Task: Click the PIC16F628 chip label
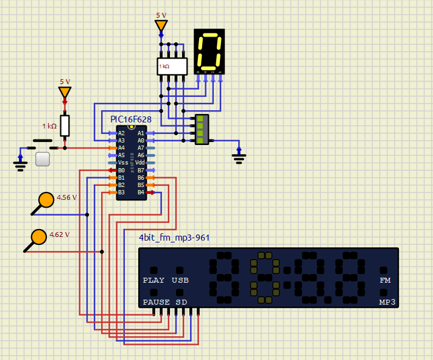click(131, 119)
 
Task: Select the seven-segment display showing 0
click(209, 51)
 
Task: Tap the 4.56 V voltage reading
click(67, 197)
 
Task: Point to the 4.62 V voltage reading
click(60, 235)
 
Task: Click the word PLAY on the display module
click(153, 281)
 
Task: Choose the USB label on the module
click(180, 281)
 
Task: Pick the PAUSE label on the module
click(157, 302)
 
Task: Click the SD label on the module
click(181, 302)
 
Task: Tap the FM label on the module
click(385, 281)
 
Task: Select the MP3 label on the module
click(387, 302)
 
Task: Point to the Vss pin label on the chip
click(123, 163)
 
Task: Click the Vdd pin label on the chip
click(141, 163)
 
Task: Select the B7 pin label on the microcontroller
click(141, 170)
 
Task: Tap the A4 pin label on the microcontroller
click(121, 148)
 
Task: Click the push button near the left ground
click(42, 160)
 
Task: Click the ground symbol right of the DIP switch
click(239, 157)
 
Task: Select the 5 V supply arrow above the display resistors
click(161, 26)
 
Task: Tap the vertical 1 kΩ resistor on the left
click(65, 125)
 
